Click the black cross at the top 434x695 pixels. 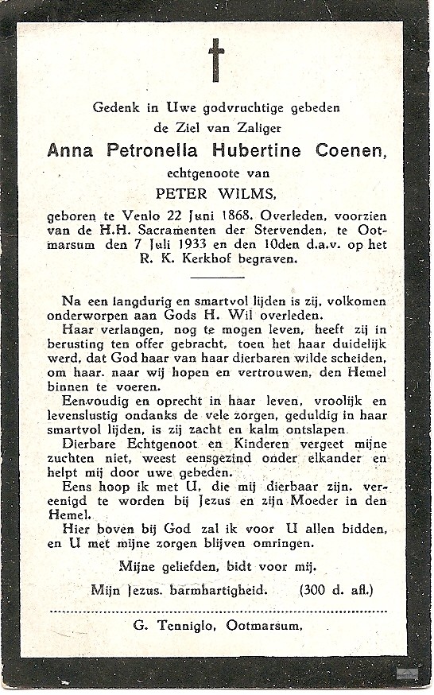[216, 60]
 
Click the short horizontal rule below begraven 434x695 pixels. [217, 278]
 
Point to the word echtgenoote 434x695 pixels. [216, 171]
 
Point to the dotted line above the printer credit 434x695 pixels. [217, 612]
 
